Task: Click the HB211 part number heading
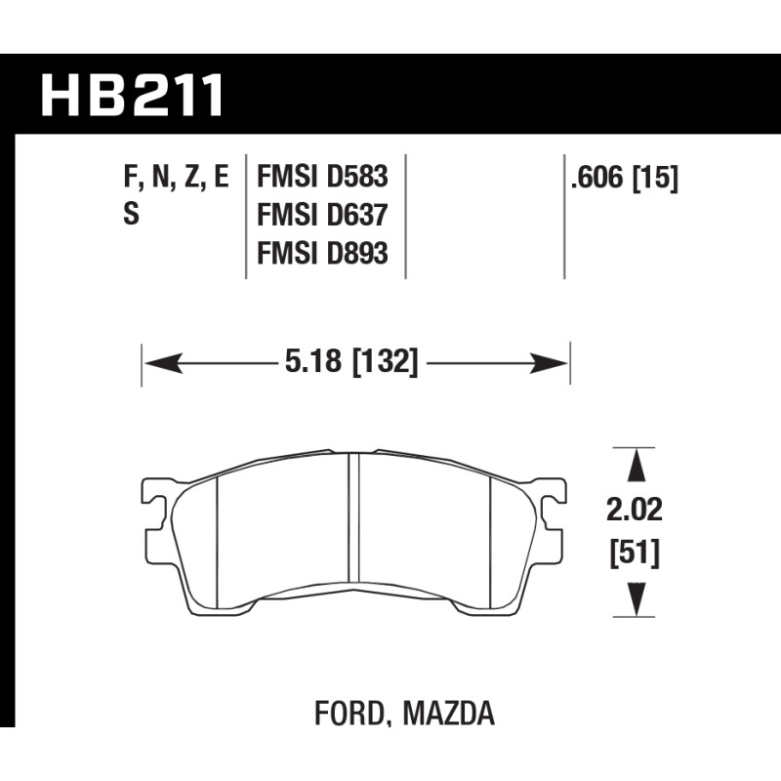coord(132,95)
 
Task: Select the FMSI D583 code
coord(322,177)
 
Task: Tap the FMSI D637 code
coord(322,215)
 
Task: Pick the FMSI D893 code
coord(322,253)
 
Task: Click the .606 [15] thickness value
coord(625,178)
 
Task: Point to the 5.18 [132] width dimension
coord(351,361)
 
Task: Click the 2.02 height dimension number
coord(635,511)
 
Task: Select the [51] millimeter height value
coord(635,553)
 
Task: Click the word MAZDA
coord(449,713)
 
